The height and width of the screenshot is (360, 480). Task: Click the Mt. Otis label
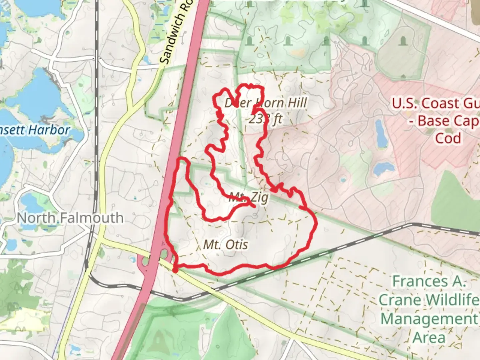(226, 245)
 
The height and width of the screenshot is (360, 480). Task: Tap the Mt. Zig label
(248, 198)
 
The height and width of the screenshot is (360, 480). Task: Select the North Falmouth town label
(70, 218)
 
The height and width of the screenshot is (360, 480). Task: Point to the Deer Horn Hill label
(265, 103)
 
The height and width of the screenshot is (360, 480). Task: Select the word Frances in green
(428, 282)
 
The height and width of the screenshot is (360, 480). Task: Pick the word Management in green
(429, 319)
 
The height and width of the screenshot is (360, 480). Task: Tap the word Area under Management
(429, 337)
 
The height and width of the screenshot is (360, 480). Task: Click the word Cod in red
(448, 138)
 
